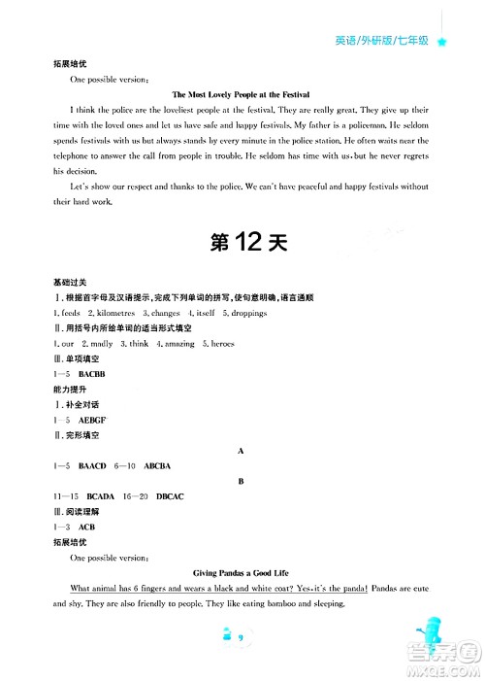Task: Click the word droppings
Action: [244, 313]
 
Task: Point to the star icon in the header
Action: [442, 43]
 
